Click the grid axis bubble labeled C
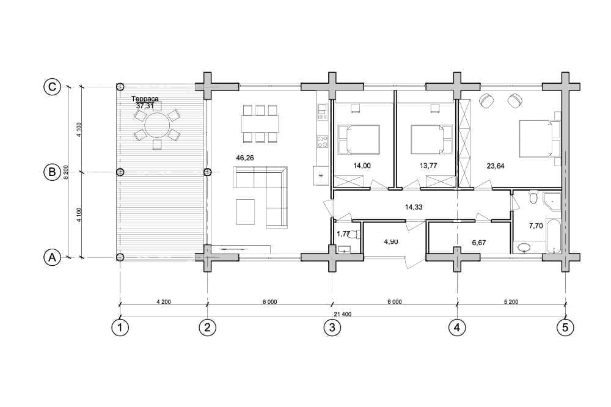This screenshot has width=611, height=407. tap(52, 87)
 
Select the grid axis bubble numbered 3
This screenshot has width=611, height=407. tap(332, 328)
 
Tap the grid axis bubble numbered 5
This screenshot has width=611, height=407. tap(565, 328)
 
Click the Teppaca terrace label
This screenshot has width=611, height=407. tap(145, 98)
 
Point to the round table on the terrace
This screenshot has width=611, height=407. tap(157, 125)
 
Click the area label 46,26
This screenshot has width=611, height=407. tap(245, 158)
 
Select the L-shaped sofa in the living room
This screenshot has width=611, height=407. tap(260, 197)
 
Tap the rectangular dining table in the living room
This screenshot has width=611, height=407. tap(260, 124)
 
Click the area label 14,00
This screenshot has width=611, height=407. tap(362, 166)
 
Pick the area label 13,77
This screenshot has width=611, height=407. tap(428, 166)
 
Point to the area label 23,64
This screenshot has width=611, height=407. tap(496, 166)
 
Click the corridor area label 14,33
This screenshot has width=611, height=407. tap(414, 207)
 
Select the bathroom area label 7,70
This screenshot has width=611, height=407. tap(536, 226)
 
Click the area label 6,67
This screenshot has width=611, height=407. tap(479, 243)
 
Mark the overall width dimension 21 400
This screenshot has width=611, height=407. tap(343, 314)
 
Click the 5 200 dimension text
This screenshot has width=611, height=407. tap(511, 302)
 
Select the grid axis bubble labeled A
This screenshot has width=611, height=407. tap(52, 257)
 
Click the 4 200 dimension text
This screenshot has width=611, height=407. tap(163, 302)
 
